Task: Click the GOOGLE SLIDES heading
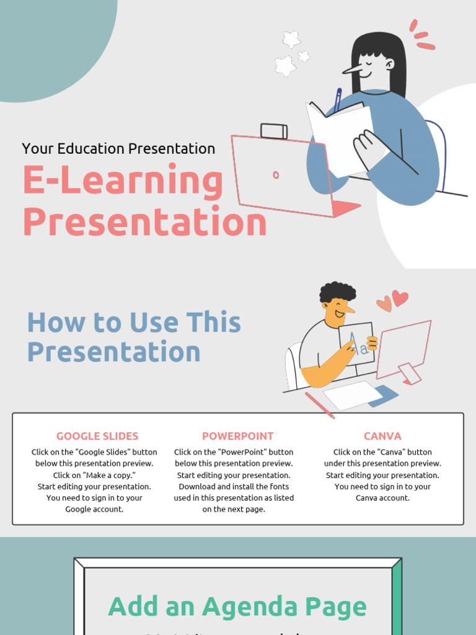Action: click(x=97, y=436)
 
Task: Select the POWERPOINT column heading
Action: click(x=237, y=436)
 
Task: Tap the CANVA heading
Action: click(x=382, y=436)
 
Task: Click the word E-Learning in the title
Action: click(x=123, y=181)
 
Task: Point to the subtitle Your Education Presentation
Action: click(x=118, y=149)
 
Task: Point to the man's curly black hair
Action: click(x=338, y=291)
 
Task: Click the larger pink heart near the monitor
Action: click(x=400, y=297)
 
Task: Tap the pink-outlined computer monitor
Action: click(x=403, y=347)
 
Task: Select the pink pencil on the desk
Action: click(x=319, y=405)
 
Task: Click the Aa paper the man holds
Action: click(x=356, y=343)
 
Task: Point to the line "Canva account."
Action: click(x=382, y=498)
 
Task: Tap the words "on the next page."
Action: click(x=234, y=509)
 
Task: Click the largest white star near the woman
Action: click(x=285, y=66)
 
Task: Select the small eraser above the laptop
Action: click(x=274, y=131)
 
